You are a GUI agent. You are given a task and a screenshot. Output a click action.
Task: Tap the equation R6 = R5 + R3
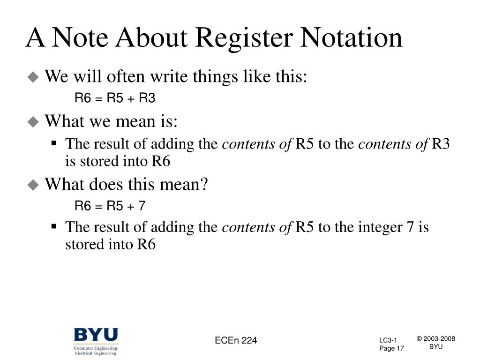click(x=115, y=98)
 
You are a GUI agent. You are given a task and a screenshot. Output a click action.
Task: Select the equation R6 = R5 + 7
click(x=111, y=206)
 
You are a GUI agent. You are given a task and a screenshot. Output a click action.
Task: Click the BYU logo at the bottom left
click(x=96, y=336)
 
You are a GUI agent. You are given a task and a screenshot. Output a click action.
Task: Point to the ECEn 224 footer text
click(x=236, y=341)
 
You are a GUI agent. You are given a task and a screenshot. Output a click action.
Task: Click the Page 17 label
click(x=391, y=348)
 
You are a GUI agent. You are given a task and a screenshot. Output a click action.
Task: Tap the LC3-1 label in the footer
click(x=388, y=340)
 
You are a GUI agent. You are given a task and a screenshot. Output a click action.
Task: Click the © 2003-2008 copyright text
click(x=436, y=339)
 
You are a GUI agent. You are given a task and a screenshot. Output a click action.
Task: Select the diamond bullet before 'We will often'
click(x=33, y=77)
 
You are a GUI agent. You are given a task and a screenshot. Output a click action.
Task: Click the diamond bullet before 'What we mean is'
click(x=33, y=122)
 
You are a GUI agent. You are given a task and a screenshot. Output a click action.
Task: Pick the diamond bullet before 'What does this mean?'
click(x=33, y=185)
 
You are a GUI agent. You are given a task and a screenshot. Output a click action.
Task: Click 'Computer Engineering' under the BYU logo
click(x=96, y=348)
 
